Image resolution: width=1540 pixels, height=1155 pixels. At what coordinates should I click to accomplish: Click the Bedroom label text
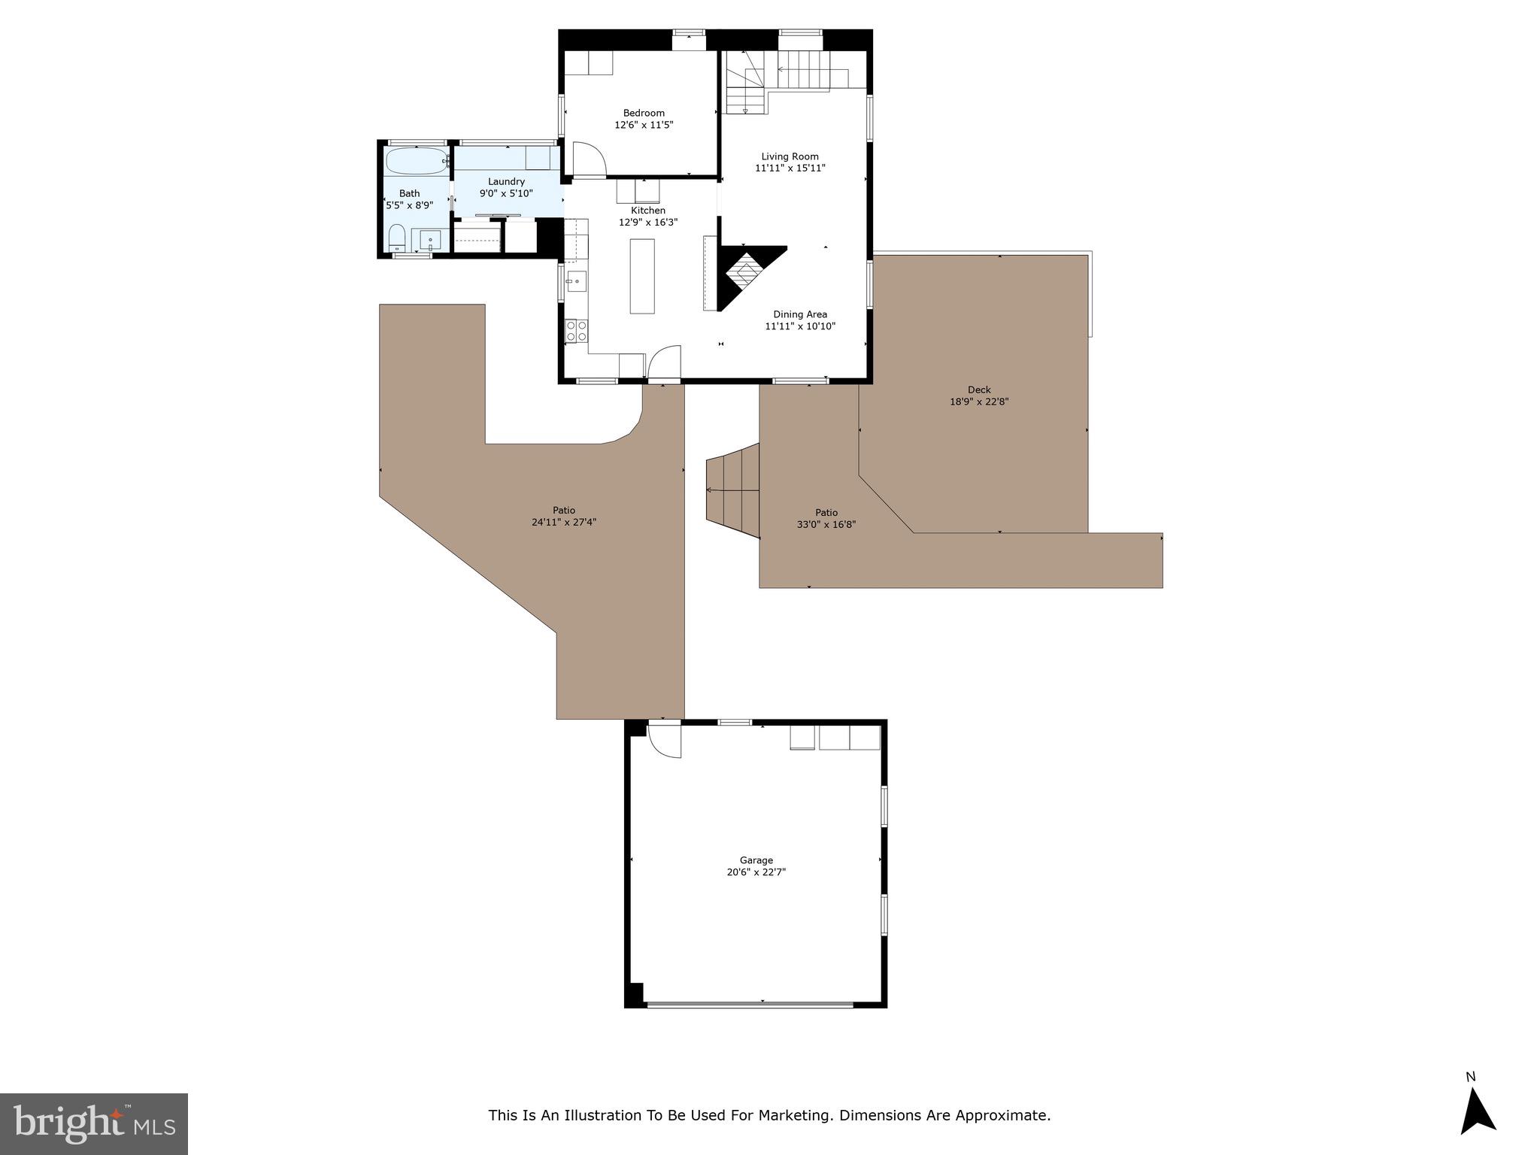point(644,113)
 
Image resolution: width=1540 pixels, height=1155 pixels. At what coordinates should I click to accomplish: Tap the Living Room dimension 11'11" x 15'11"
point(790,168)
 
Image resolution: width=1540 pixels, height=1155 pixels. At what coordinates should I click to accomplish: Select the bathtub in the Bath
point(416,161)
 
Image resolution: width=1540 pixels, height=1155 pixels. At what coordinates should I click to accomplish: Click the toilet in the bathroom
point(397,239)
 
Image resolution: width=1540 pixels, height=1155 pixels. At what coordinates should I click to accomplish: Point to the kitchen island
point(642,276)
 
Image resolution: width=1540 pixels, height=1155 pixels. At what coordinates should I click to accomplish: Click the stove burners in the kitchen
point(577,330)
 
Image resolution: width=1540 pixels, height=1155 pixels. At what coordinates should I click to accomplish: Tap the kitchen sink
point(576,282)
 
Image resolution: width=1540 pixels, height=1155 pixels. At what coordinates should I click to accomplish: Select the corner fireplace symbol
point(744,274)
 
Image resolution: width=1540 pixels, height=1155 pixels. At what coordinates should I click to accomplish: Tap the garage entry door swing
point(665,740)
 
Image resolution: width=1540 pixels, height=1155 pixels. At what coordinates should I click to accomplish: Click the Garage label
point(756,860)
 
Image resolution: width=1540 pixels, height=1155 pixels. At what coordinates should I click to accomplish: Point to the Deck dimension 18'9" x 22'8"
point(978,402)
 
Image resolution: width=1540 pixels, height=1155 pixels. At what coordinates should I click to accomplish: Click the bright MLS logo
point(94,1123)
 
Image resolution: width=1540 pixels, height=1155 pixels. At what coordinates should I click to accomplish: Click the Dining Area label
point(800,314)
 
